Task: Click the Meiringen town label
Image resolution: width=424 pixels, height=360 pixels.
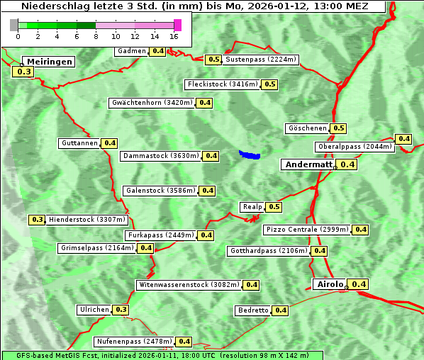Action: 48,62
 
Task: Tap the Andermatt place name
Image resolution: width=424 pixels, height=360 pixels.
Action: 308,164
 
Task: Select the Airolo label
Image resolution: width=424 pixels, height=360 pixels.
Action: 329,284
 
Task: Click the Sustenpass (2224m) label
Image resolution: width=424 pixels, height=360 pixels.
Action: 260,60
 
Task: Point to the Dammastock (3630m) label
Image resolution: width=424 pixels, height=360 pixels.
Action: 160,156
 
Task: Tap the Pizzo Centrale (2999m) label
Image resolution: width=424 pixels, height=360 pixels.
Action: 308,230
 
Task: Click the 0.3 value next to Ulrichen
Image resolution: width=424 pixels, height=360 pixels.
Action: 121,310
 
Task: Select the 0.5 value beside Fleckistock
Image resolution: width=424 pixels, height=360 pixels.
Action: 269,84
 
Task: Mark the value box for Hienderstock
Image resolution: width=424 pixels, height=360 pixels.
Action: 38,220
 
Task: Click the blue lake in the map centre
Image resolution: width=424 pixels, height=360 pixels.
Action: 250,154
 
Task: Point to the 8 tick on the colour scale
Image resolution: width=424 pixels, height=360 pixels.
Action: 96,35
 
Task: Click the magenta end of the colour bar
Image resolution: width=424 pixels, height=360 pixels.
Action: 177,25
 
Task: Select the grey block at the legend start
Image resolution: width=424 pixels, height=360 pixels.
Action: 14,25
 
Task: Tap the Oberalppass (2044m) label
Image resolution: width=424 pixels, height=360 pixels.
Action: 354,147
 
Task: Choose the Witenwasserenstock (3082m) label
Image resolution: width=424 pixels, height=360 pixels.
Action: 188,285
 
